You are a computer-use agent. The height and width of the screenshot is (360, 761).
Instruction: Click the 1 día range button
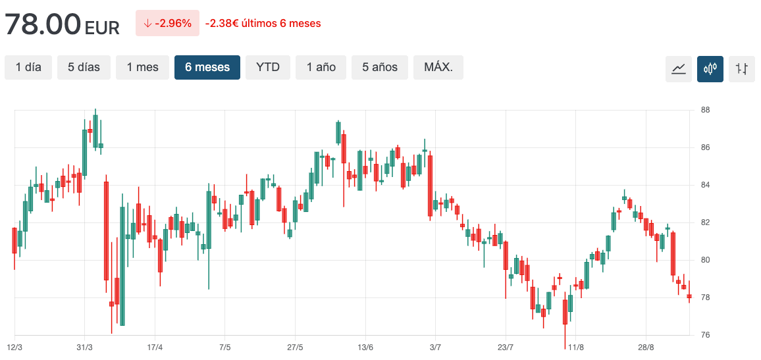28,67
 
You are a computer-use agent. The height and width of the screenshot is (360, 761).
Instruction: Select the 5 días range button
84,67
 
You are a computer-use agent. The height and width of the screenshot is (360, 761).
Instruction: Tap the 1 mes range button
142,67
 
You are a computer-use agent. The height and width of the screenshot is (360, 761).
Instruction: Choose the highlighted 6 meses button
207,67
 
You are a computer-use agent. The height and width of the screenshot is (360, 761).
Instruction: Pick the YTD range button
268,67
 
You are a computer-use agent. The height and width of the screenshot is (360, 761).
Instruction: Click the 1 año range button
321,67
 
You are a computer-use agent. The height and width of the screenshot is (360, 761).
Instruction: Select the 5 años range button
380,67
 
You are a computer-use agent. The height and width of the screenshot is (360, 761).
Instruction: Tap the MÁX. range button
438,67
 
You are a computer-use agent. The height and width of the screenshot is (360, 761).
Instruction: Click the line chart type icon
679,68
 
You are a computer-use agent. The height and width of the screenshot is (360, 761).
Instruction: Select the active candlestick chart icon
710,68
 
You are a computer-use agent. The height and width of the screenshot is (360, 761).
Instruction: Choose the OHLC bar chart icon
742,68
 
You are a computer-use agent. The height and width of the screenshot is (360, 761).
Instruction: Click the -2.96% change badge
167,24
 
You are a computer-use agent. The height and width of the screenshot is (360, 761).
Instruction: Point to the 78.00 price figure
43,25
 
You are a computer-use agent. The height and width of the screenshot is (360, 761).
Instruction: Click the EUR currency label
102,28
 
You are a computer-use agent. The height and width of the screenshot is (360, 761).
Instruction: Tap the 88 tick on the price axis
704,110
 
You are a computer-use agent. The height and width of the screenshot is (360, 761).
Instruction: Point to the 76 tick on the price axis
704,336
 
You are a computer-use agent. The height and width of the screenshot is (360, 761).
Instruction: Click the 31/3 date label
84,347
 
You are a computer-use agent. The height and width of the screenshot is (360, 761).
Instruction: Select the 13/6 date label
365,347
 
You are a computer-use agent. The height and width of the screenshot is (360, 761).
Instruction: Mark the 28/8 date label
646,347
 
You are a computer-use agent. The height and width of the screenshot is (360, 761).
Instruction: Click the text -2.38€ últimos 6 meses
263,24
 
